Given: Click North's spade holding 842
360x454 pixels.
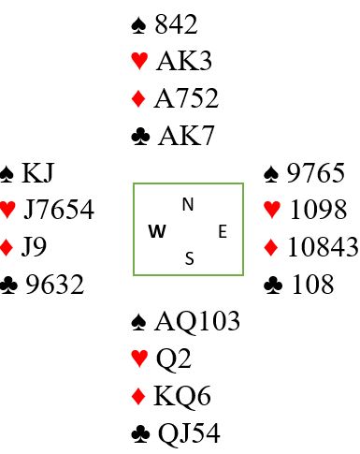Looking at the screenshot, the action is coord(176,24).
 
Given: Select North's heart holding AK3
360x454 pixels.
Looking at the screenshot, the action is coord(184,61).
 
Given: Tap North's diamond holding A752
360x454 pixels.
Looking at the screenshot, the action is coord(186,98).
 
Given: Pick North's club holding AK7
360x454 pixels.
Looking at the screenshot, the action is coord(186,136).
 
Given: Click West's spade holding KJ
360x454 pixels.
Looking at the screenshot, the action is coord(38,173).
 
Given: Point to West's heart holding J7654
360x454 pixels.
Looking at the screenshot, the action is coord(59,210).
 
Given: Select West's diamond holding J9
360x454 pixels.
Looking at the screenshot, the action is coord(34,247).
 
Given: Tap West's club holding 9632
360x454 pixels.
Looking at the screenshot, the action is coord(54,285).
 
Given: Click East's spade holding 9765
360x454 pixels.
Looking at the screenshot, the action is coord(315,173).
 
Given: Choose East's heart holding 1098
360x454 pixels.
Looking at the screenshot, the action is coord(318,210).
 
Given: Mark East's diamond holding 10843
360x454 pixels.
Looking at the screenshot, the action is coord(323,247).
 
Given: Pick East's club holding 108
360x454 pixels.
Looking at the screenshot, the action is coord(312,285).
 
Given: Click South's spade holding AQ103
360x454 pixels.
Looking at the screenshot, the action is coord(197,321).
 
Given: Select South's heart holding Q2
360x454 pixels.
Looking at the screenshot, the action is coord(173,359).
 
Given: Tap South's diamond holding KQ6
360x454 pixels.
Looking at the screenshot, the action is coord(182,396).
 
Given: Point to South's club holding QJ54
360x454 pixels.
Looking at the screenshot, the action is coord(189,433).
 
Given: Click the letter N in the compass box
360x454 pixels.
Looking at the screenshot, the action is coord(188,205).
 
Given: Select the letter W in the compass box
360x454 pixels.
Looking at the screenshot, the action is coord(157,231).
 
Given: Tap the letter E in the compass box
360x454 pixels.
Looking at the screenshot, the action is coord(223,232).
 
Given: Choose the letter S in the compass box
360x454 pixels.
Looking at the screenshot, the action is coord(189,258).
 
